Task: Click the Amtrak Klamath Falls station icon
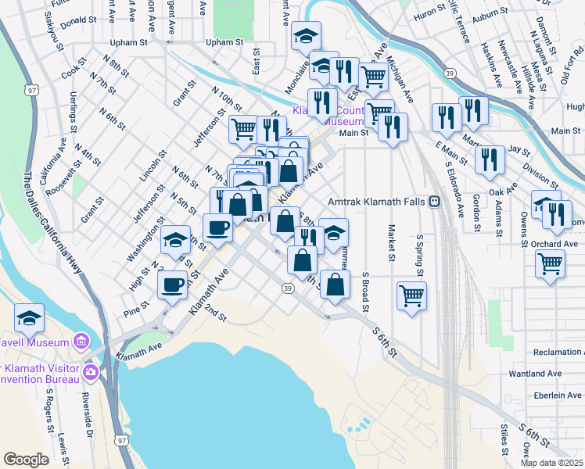pyautogui.click(x=433, y=201)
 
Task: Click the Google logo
pyautogui.click(x=27, y=459)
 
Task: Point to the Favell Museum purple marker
pyautogui.click(x=80, y=341)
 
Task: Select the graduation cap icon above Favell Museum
pyautogui.click(x=29, y=318)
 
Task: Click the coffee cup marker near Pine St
pyautogui.click(x=172, y=285)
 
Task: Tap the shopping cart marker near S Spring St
pyautogui.click(x=411, y=295)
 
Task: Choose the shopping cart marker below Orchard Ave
pyautogui.click(x=550, y=265)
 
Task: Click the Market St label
pyautogui.click(x=389, y=244)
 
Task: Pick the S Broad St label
pyautogui.click(x=365, y=288)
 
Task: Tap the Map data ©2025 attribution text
pyautogui.click(x=551, y=463)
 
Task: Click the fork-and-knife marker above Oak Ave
pyautogui.click(x=490, y=159)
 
